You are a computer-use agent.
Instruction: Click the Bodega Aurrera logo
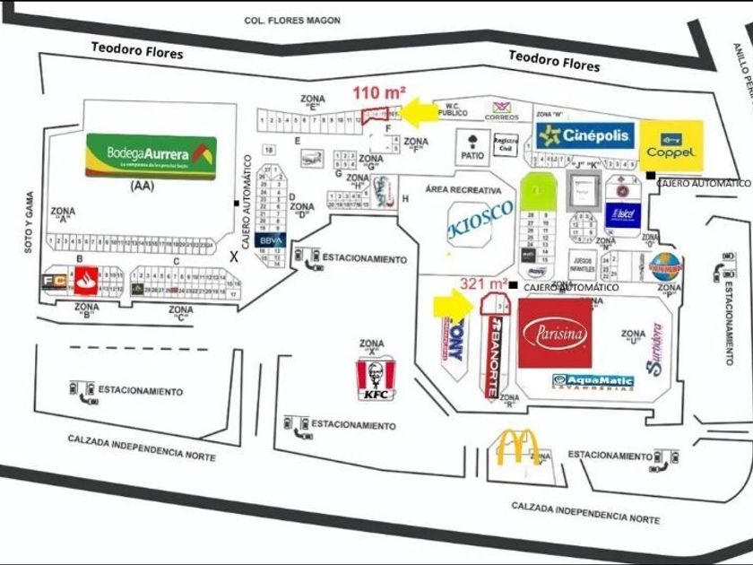click(x=151, y=156)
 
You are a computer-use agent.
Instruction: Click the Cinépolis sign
click(x=587, y=135)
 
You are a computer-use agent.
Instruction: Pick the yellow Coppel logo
click(x=671, y=144)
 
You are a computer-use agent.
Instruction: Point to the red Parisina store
click(x=555, y=333)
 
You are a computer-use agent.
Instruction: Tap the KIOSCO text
click(x=480, y=218)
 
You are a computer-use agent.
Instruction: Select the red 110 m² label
click(x=378, y=92)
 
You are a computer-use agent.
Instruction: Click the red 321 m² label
click(x=484, y=282)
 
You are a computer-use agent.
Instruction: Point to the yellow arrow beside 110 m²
click(x=418, y=112)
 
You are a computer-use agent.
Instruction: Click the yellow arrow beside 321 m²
click(x=452, y=305)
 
